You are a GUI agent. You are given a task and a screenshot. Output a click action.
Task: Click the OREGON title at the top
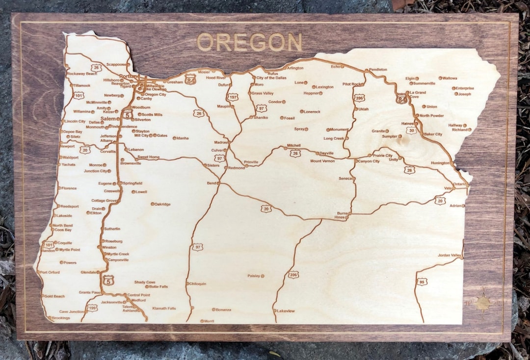pos(249,43)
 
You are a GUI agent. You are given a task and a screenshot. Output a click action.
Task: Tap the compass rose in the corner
pos(482,303)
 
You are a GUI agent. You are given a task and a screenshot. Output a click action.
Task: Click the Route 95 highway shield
pos(422,282)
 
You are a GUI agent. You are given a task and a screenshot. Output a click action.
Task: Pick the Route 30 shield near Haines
pos(411,130)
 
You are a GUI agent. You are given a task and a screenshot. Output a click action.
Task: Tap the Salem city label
pos(107,119)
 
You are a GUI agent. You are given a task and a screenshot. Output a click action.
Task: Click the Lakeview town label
pos(286,311)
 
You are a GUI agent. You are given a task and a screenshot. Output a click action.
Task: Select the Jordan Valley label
pos(449,256)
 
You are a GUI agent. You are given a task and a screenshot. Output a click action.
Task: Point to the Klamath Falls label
pos(164,309)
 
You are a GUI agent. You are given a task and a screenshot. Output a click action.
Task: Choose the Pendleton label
pos(378,70)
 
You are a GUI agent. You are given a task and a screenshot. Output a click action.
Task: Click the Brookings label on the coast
pos(61,318)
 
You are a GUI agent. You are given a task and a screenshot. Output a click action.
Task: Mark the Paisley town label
pos(254,276)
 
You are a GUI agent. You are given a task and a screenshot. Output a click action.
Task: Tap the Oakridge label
pos(162,204)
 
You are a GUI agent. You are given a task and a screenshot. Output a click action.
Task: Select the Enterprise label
pos(465,88)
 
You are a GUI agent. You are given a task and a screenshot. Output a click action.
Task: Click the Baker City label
pos(433,134)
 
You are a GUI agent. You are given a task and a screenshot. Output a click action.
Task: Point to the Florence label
pos(69,188)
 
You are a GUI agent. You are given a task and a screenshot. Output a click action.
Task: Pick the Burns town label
pos(342,213)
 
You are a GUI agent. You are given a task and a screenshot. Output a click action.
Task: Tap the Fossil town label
pos(289,118)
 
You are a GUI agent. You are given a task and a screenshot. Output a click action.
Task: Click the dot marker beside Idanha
pos(174,138)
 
